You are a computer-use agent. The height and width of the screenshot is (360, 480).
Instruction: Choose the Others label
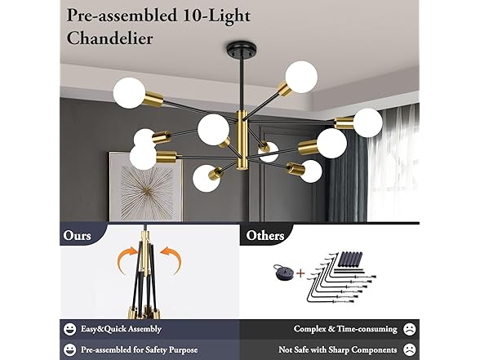click(265, 235)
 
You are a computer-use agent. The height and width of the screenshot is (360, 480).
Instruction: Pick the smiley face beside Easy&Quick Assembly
click(70, 329)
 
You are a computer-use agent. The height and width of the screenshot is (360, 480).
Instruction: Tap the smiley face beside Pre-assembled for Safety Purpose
click(70, 349)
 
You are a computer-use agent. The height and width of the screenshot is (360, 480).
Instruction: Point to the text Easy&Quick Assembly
click(120, 329)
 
